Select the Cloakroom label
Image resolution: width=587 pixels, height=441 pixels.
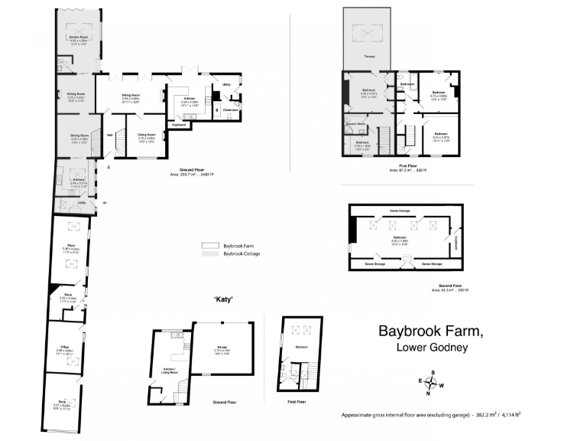(231, 109)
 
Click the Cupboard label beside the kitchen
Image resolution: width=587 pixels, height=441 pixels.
(179, 124)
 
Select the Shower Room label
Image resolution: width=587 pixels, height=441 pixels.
(356, 123)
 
